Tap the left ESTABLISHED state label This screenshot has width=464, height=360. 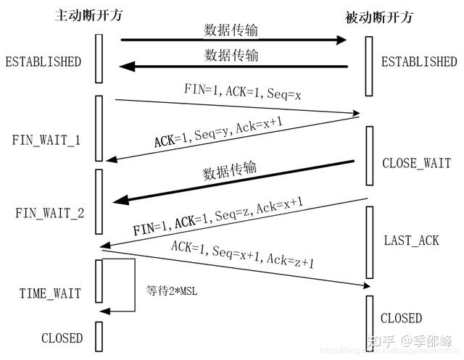click(43, 62)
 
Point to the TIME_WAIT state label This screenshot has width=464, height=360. click(50, 293)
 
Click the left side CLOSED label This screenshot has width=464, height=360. click(62, 338)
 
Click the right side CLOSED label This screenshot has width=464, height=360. click(401, 318)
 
